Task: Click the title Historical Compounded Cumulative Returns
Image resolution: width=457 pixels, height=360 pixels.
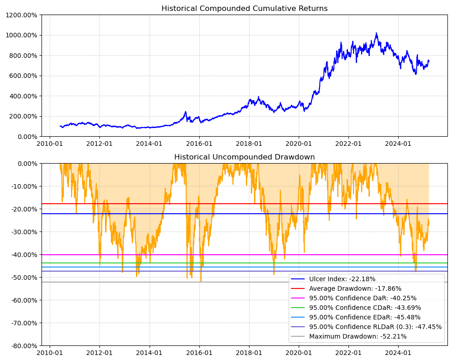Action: pos(244,9)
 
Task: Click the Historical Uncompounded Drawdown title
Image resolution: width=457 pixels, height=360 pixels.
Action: pos(244,157)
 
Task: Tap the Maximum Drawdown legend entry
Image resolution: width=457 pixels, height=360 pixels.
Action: pos(358,336)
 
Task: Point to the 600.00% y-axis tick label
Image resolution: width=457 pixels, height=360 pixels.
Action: pos(24,76)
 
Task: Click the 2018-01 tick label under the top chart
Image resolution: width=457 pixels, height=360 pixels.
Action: pos(249,143)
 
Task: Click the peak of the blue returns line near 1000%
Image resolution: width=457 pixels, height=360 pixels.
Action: pos(376,33)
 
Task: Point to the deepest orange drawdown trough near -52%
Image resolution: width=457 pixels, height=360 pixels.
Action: pos(201,281)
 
